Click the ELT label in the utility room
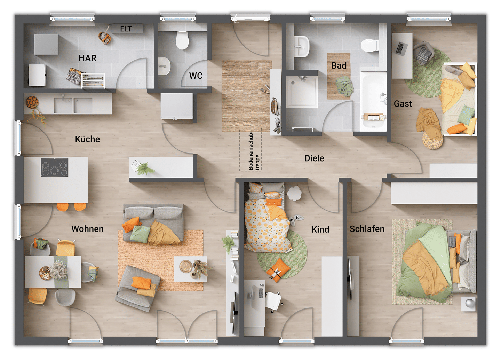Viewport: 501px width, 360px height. (126, 29)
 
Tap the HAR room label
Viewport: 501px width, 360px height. (87, 58)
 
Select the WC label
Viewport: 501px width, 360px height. (196, 76)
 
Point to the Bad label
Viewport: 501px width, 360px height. (339, 65)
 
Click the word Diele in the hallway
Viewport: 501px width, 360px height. (314, 158)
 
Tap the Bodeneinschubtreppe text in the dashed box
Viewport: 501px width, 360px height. (254, 151)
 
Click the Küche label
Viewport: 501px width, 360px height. (87, 139)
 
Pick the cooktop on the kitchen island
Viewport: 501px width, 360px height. (54, 167)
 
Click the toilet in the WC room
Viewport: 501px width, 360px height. (182, 40)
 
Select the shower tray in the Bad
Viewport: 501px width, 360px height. (302, 92)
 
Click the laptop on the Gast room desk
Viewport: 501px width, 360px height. (400, 48)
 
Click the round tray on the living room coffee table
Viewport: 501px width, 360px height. (186, 266)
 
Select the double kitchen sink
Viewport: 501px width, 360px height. (73, 105)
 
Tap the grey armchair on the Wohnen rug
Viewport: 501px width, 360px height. (137, 288)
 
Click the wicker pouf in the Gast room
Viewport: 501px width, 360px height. (432, 140)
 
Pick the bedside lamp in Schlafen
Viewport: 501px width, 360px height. (468, 304)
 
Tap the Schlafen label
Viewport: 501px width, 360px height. (367, 229)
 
